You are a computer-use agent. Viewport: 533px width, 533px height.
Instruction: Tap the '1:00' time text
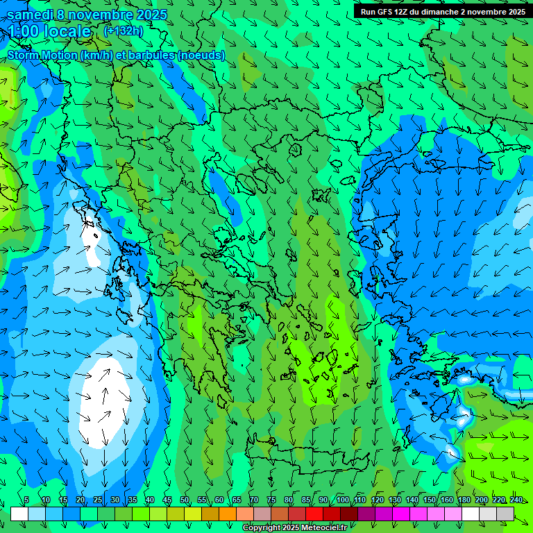pyautogui.click(x=24, y=31)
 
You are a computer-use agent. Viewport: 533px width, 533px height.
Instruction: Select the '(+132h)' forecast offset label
pyautogui.click(x=123, y=31)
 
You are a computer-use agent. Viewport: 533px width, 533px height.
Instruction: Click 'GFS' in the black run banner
pyautogui.click(x=386, y=12)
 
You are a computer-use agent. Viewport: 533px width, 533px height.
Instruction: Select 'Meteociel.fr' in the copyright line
pyautogui.click(x=319, y=528)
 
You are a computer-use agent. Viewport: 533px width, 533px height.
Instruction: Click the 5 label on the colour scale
pyautogui.click(x=26, y=500)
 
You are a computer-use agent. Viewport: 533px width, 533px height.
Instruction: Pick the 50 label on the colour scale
pyautogui.click(x=185, y=500)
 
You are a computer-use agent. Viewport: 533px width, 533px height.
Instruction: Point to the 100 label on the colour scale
pyautogui.click(x=342, y=500)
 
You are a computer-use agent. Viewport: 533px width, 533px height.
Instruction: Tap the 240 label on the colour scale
pyautogui.click(x=516, y=500)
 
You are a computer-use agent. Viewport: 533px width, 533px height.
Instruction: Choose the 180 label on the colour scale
pyautogui.click(x=464, y=500)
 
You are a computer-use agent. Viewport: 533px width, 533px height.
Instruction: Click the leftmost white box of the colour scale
pyautogui.click(x=19, y=514)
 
